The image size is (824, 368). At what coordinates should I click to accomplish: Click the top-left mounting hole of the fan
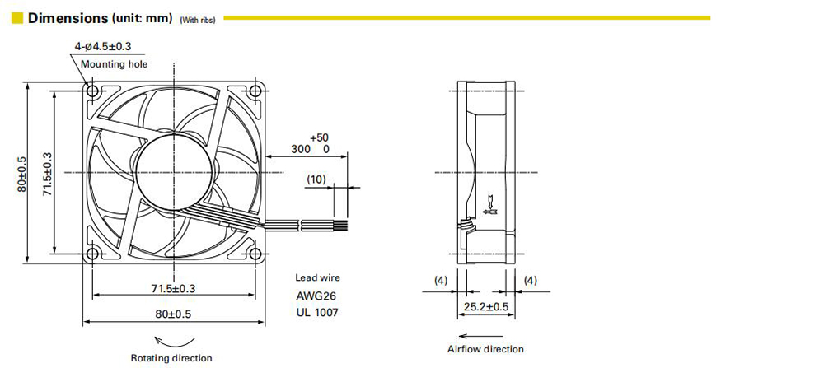click(x=93, y=91)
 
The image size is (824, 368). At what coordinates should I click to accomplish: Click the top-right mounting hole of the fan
click(x=255, y=91)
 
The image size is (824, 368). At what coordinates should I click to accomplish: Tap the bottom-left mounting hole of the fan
click(x=93, y=254)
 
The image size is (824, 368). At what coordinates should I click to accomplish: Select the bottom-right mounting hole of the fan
click(x=255, y=254)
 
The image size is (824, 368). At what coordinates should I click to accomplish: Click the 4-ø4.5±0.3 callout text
click(x=102, y=46)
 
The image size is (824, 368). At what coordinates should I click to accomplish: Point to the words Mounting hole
click(x=114, y=64)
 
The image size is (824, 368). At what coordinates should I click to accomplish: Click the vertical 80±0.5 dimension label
click(x=22, y=172)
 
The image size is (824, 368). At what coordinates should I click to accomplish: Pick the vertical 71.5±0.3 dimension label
click(x=47, y=174)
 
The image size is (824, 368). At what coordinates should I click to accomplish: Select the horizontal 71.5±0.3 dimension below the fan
click(x=173, y=288)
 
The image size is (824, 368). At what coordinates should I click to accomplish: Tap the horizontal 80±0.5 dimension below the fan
click(x=173, y=314)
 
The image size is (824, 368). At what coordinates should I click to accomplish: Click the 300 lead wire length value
click(x=301, y=149)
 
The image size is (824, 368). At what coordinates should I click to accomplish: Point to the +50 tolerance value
click(x=320, y=138)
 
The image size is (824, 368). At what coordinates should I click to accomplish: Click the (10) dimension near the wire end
click(x=316, y=179)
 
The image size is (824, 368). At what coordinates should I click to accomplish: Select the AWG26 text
click(x=316, y=296)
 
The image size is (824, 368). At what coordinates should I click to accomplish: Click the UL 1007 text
click(x=317, y=313)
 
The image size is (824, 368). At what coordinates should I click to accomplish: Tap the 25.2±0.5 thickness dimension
click(x=486, y=306)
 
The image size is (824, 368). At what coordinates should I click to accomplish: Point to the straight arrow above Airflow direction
click(x=481, y=336)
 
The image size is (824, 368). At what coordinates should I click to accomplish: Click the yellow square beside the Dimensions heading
click(x=17, y=18)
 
